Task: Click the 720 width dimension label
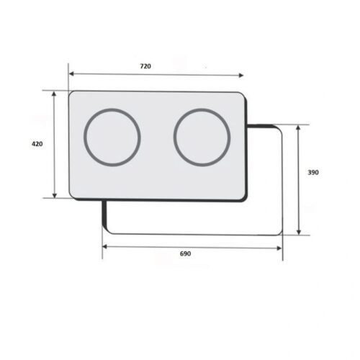pyautogui.click(x=145, y=66)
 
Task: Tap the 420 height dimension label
pyautogui.click(x=37, y=144)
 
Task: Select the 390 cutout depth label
pyautogui.click(x=312, y=173)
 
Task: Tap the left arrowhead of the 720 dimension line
pyautogui.click(x=70, y=73)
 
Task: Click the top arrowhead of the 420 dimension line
pyautogui.click(x=55, y=94)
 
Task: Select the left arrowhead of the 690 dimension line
pyautogui.click(x=104, y=247)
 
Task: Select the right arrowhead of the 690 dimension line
pyautogui.click(x=281, y=247)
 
